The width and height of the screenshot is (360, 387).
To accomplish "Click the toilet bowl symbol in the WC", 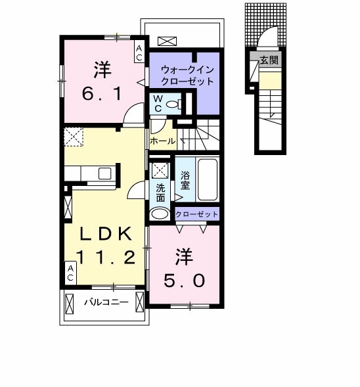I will pyautogui.click(x=173, y=104).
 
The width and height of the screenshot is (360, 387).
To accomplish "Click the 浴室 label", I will pyautogui.click(x=184, y=181).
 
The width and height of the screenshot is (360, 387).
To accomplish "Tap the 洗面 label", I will pyautogui.click(x=160, y=192).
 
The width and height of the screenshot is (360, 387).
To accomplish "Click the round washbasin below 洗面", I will pyautogui.click(x=160, y=214).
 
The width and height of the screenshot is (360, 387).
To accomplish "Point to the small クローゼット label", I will pyautogui.click(x=196, y=214).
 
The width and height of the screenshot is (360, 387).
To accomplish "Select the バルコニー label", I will pyautogui.click(x=105, y=303).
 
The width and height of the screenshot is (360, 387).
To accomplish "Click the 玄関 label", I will pyautogui.click(x=269, y=60).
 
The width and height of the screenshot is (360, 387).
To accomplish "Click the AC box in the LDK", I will pyautogui.click(x=69, y=273).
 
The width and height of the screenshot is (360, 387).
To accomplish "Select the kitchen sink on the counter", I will pyautogui.click(x=105, y=173).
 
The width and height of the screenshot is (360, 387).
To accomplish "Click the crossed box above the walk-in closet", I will pyautogui.click(x=167, y=41).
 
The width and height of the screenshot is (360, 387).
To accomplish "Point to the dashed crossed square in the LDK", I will pyautogui.click(x=72, y=137).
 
